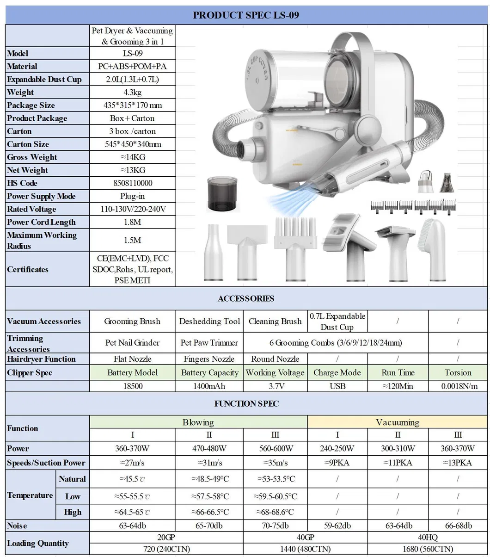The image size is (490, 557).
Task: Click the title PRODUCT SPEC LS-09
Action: coord(245,15)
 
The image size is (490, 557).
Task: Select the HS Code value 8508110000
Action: coord(133,183)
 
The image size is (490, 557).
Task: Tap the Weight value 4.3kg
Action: coord(133,92)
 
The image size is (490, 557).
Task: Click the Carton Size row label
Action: coord(28,144)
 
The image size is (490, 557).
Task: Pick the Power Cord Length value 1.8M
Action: coord(133,222)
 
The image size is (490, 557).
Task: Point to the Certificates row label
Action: coord(28,269)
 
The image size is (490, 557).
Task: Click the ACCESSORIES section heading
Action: coord(245,298)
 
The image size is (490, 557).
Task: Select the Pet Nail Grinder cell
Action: coord(133,343)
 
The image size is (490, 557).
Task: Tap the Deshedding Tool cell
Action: coord(209,321)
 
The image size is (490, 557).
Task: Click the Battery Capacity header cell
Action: coord(209,372)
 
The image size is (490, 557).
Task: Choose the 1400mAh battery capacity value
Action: coord(209,386)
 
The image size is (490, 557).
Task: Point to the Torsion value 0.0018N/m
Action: coord(458,386)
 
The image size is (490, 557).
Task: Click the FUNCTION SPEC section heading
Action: coord(245,403)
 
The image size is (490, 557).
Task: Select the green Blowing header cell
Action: coord(198,422)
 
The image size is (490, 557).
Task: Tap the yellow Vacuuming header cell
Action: coord(398,422)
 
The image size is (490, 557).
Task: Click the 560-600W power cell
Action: coord(275,448)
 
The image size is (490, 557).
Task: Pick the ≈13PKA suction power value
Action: coord(458,463)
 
